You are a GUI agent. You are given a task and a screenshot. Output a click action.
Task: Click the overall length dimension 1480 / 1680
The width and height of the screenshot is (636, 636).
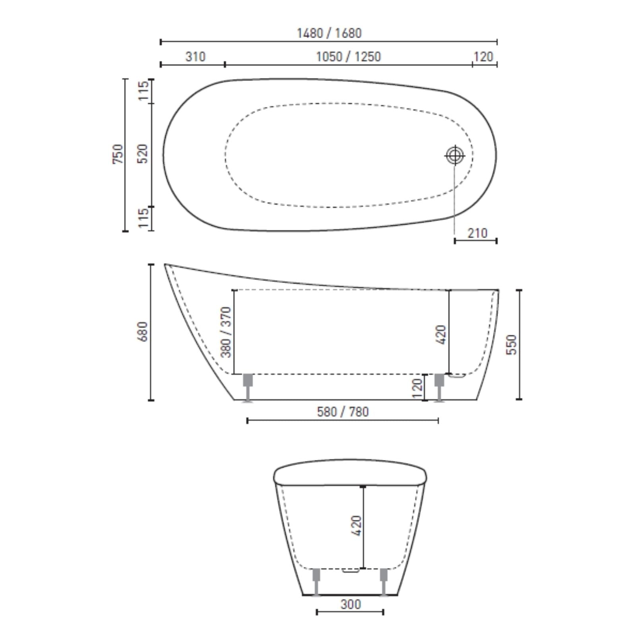pos(329,33)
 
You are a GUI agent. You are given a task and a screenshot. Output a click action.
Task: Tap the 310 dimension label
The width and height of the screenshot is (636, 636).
pos(195,57)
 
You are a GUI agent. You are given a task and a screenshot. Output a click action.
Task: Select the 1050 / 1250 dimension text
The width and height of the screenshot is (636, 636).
pos(348,57)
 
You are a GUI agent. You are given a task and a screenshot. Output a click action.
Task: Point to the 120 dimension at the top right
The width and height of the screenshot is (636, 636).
pos(483,57)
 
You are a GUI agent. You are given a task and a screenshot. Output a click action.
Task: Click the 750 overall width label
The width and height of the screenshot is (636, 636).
pos(118,154)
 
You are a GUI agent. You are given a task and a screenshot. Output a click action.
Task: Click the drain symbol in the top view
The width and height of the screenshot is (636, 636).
pos(455,155)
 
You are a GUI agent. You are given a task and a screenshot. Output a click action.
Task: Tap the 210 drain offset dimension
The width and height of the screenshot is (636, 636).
pos(477,233)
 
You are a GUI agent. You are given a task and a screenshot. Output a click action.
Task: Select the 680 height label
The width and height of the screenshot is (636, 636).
pos(142,332)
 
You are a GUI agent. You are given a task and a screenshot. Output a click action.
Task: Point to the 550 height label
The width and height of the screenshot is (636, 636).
pos(512,345)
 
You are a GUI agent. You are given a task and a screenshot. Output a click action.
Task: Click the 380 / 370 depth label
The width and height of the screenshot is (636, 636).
pos(225,332)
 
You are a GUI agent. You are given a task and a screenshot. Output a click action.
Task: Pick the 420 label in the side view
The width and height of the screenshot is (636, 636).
pos(441,335)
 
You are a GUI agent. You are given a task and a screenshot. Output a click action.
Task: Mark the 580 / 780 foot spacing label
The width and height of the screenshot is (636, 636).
pos(343,412)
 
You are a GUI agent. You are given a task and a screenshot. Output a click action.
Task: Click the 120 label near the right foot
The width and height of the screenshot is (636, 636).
pos(417,388)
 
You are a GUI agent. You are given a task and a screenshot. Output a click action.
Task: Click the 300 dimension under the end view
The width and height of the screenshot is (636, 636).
pos(351,605)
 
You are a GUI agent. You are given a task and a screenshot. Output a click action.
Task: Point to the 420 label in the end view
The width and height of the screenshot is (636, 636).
pos(357,525)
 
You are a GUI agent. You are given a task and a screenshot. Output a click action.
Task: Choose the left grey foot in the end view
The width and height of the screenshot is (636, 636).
pos(316,581)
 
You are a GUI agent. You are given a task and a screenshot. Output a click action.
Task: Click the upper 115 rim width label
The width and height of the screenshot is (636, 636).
pos(143,90)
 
